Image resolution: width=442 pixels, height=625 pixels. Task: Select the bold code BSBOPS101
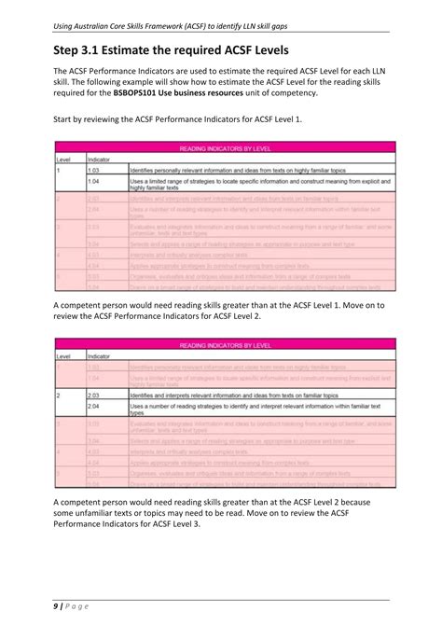137,94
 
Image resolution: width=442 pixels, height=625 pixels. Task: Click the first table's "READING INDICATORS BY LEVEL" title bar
220,148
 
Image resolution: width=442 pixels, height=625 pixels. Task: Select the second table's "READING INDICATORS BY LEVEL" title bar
220,345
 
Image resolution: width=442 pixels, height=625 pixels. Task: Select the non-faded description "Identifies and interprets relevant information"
233,396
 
